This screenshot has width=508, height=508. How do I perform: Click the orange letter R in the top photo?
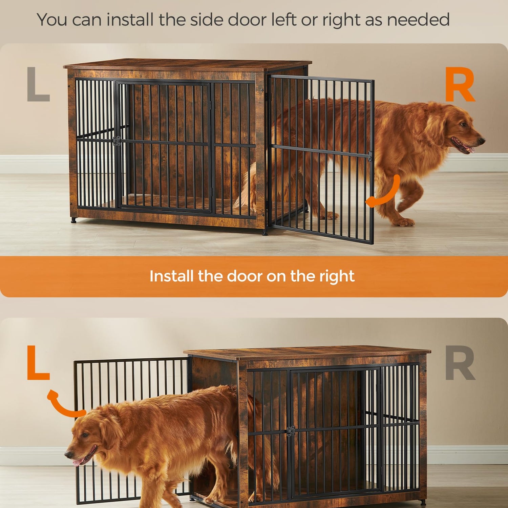(x=460, y=84)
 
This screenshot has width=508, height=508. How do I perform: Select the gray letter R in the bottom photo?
(x=460, y=363)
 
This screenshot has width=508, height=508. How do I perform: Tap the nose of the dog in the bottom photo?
(x=69, y=454)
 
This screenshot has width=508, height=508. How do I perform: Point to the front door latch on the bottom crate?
(x=291, y=431)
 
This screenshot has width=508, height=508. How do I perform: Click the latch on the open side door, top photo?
(x=370, y=156)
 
